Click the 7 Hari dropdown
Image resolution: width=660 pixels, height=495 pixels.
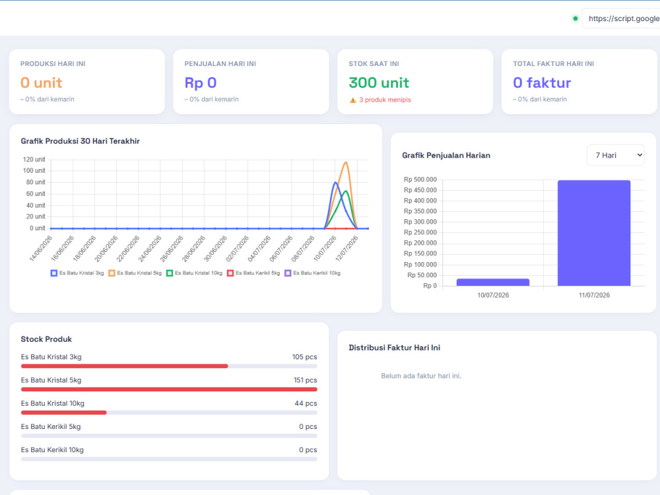[615, 155]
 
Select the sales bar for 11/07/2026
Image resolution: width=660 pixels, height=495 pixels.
[594, 233]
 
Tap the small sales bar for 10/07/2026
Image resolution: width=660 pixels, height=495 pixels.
[493, 282]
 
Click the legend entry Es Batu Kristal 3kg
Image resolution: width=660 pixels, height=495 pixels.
[77, 273]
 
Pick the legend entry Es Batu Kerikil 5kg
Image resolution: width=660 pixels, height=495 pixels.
[253, 273]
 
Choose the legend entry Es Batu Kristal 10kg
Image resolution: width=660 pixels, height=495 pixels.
[194, 273]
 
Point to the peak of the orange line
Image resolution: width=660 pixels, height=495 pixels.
[346, 162]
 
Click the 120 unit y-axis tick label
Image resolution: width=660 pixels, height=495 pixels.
[34, 160]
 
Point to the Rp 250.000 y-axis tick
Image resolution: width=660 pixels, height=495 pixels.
[420, 232]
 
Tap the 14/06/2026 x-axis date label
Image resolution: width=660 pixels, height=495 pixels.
[41, 248]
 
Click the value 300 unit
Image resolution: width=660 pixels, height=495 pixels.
[379, 83]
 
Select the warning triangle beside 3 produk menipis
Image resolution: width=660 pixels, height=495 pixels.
[352, 100]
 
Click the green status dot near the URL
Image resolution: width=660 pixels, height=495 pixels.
[576, 18]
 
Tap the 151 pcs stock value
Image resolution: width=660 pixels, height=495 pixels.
[305, 380]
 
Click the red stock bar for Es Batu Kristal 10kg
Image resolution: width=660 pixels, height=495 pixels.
[63, 412]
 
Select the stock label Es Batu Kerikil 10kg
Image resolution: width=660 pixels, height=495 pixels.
[52, 450]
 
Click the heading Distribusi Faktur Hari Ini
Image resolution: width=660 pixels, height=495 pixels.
[395, 348]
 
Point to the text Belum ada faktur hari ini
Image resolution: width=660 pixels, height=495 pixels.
[421, 376]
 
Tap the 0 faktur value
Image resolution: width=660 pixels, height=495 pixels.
[542, 83]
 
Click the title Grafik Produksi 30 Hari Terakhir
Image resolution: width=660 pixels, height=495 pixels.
[80, 141]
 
